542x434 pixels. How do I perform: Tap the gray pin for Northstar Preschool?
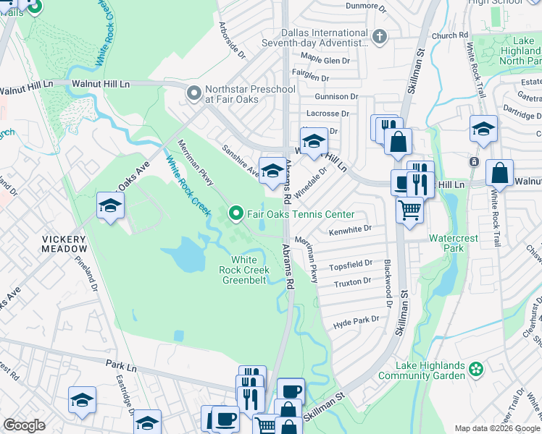coord(193,93)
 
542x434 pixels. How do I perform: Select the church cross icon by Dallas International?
coord(379,36)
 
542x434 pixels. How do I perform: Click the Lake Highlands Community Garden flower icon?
coord(476,370)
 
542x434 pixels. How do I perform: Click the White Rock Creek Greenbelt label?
coord(245,270)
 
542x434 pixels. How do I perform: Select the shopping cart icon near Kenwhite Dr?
coord(409,210)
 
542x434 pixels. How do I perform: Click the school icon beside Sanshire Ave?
coord(272,171)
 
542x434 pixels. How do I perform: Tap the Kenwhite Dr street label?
coord(350,229)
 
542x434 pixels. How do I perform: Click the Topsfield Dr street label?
coord(351,264)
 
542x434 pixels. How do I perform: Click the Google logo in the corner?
coord(24,425)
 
